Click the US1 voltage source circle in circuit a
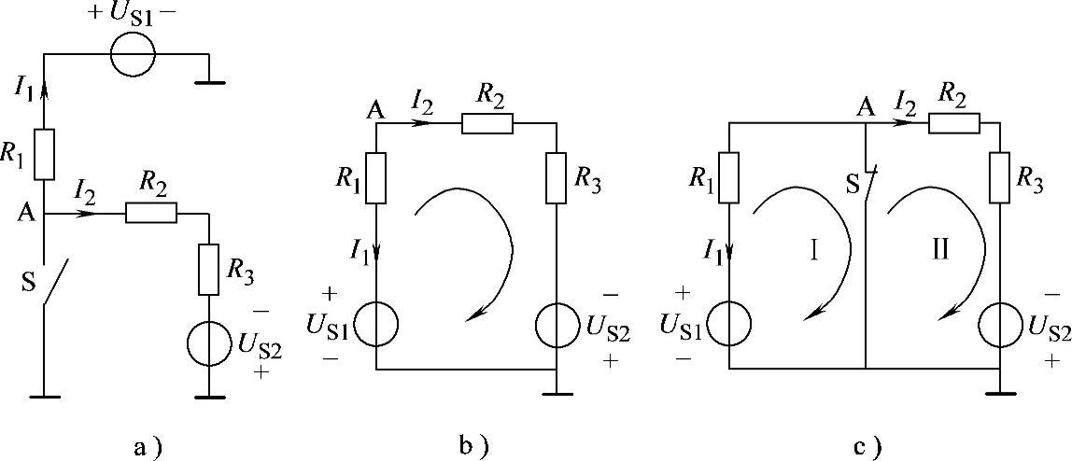click(133, 55)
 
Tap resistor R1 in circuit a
click(43, 155)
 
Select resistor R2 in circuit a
click(150, 214)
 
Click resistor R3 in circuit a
click(209, 270)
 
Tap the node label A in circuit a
click(25, 214)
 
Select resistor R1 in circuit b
click(375, 177)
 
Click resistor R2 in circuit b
click(487, 123)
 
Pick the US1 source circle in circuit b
click(375, 323)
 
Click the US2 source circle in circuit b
click(557, 323)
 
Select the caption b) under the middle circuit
click(474, 447)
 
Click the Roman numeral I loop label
click(813, 250)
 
